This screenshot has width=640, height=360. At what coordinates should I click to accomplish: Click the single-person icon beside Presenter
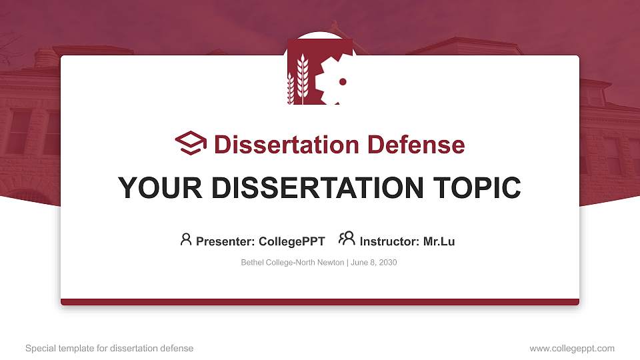click(186, 239)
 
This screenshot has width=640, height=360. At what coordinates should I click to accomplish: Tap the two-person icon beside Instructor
click(347, 239)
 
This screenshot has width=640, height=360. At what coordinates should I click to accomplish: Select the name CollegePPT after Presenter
click(291, 241)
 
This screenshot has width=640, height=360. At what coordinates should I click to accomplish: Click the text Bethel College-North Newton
click(292, 263)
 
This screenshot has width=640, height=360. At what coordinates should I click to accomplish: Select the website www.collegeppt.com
click(572, 349)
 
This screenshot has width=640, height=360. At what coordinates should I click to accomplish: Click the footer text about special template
click(109, 349)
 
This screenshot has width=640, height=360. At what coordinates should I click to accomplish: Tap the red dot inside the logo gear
click(343, 82)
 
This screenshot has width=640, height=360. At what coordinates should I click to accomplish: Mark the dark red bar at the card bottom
click(320, 302)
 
